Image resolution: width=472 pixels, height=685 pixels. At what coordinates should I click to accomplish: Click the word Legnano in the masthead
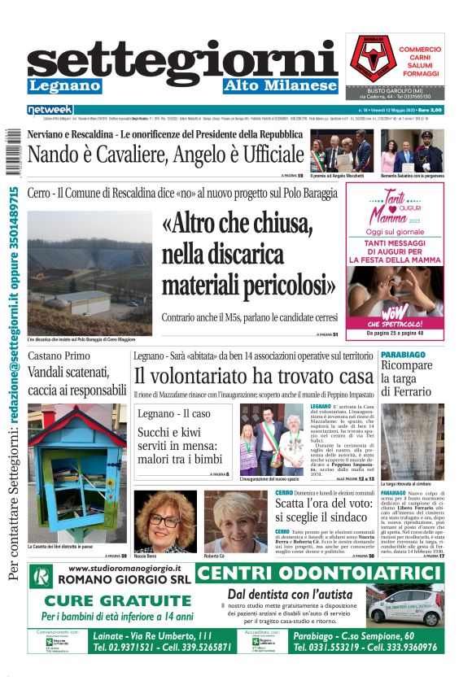[x=64, y=85]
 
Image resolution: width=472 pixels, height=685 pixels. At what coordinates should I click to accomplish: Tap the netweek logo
[x=50, y=109]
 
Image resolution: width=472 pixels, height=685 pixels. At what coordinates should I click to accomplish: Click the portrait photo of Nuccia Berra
[x=165, y=521]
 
